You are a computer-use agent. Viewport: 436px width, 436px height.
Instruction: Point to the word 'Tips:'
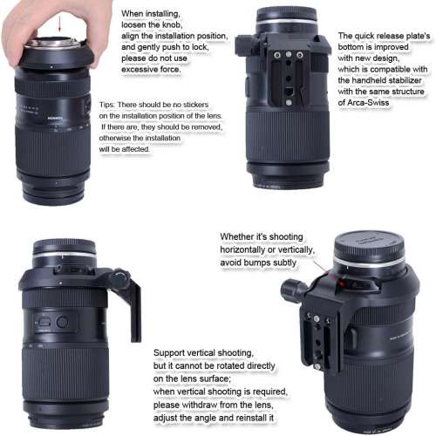point(112,103)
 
